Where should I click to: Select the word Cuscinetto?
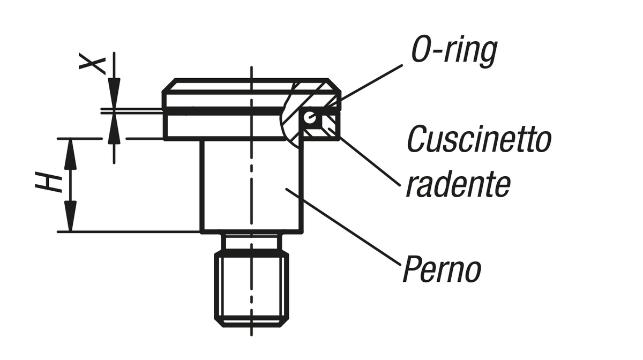click(x=478, y=140)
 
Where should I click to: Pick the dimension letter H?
click(x=48, y=183)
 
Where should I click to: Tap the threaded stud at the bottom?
click(x=251, y=289)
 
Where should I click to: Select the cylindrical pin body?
click(x=251, y=185)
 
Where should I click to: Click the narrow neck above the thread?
click(x=251, y=242)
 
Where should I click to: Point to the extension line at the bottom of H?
click(x=129, y=232)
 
